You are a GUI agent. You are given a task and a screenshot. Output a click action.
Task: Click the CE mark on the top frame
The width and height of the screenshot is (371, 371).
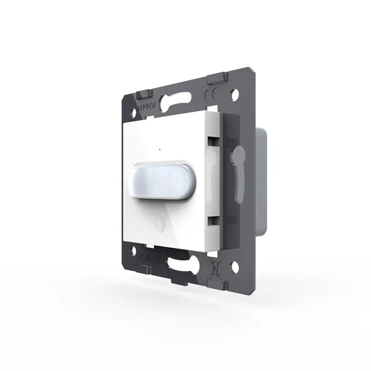212,95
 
